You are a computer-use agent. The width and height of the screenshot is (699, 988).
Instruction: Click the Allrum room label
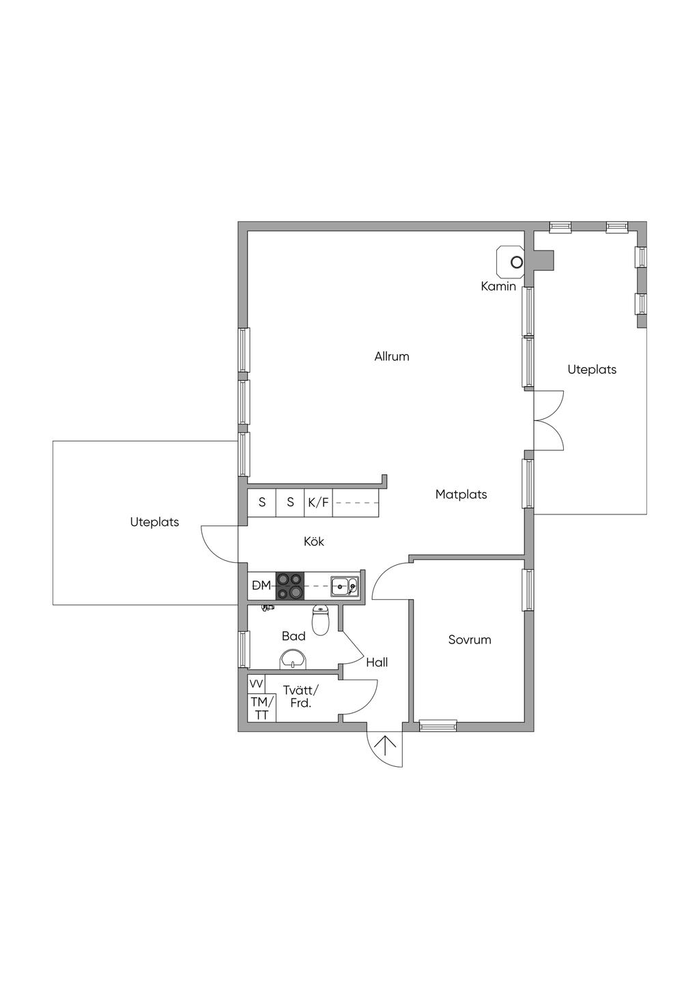point(391,356)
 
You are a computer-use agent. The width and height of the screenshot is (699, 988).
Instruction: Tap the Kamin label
point(498,287)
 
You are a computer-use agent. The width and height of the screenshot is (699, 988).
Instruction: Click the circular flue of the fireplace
point(516,263)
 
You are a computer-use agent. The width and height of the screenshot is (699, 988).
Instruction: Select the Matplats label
point(461,495)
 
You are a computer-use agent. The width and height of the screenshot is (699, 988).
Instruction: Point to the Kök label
point(314,541)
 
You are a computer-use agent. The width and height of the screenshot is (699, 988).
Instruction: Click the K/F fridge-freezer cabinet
point(318,502)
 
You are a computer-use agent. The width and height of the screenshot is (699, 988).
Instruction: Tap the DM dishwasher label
point(261,585)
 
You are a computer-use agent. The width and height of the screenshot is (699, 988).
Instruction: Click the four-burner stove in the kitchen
point(290,585)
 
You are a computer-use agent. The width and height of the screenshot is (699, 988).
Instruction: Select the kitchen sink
point(345,585)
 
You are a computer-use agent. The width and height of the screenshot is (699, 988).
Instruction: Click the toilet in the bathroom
point(320,620)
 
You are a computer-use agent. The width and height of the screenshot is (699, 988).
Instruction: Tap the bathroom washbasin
point(292,660)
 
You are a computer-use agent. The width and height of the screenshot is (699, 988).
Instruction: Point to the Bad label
point(294,636)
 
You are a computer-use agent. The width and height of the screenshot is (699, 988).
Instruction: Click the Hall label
point(377,662)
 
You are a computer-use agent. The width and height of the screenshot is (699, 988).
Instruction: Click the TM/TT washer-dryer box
point(261,708)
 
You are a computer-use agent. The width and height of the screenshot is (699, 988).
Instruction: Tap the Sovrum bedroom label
point(470,639)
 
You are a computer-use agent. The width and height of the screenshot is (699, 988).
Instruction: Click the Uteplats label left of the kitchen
point(154,522)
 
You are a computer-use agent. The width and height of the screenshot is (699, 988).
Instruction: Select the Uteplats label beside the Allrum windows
point(592,370)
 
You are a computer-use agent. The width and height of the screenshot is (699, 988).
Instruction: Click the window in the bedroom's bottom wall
point(438,725)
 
